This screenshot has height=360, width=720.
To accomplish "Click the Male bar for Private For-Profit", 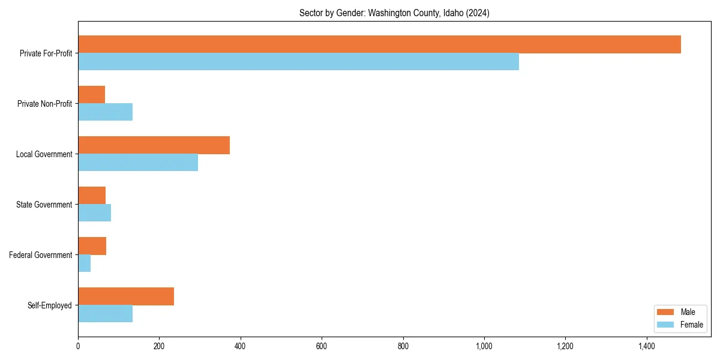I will pyautogui.click(x=379, y=44).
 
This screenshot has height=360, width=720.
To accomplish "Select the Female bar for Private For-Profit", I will pyautogui.click(x=298, y=62).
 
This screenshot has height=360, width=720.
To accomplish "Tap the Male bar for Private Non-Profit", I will pyautogui.click(x=91, y=95).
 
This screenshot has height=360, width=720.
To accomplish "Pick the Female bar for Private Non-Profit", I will pyautogui.click(x=105, y=112).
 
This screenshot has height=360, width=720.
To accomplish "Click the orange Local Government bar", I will pyautogui.click(x=154, y=145).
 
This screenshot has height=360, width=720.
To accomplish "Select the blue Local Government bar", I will pyautogui.click(x=138, y=163).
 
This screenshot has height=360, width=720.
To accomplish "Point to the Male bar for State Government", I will pyautogui.click(x=92, y=196).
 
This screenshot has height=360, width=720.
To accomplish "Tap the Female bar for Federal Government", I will pyautogui.click(x=84, y=263).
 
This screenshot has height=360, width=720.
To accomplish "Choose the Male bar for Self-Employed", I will pyautogui.click(x=126, y=296).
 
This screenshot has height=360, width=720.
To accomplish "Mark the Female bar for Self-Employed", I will pyautogui.click(x=105, y=314).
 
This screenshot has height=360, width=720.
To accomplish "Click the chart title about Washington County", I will pyautogui.click(x=394, y=13).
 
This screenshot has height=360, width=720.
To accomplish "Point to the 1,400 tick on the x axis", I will pyautogui.click(x=647, y=346).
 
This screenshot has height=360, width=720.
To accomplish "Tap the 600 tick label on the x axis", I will pyautogui.click(x=322, y=346).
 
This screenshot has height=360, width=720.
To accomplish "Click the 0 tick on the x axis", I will pyautogui.click(x=78, y=346).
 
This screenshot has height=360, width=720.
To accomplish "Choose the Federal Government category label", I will pyautogui.click(x=41, y=255).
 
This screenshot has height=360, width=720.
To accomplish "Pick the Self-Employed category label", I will pyautogui.click(x=50, y=305).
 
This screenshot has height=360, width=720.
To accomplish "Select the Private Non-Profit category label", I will pyautogui.click(x=44, y=104).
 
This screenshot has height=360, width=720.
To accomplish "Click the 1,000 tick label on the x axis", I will pyautogui.click(x=484, y=346).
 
